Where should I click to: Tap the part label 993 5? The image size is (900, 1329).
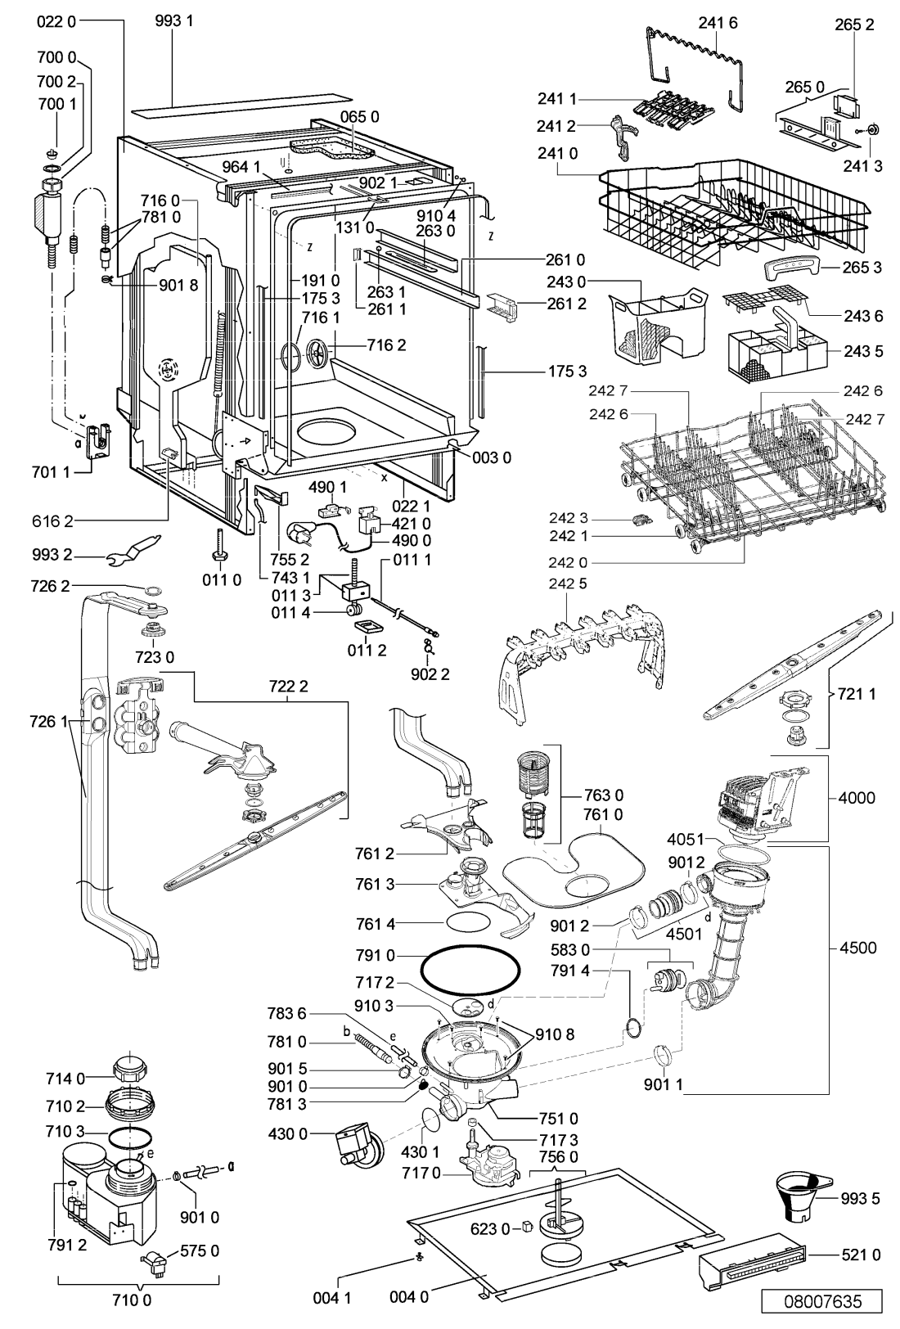[860, 1199]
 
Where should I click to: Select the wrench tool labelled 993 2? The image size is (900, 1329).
[134, 549]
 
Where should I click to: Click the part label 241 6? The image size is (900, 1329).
[718, 23]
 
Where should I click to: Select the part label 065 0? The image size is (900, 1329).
[359, 117]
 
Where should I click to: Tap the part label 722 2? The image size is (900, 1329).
[288, 687]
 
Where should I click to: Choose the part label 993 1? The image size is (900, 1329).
[174, 21]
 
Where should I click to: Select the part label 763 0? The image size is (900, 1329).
[603, 795]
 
